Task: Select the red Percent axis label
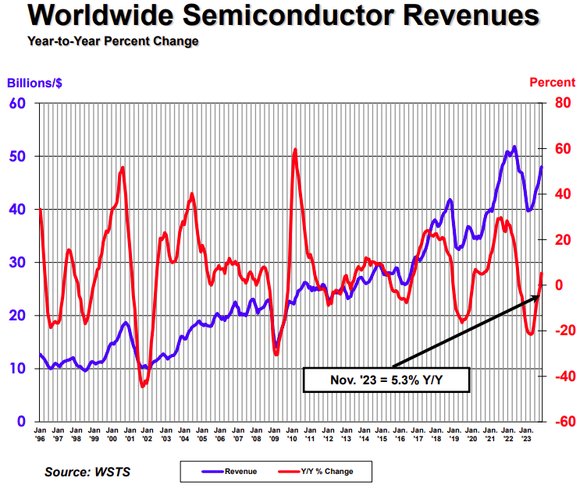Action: (553, 83)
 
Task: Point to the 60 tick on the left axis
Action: (17, 104)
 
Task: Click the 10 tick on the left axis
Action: (17, 369)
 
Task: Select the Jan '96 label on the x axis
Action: (40, 434)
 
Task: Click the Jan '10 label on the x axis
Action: (290, 434)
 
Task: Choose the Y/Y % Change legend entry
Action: (322, 471)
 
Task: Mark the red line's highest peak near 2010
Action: (295, 150)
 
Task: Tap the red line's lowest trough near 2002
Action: (143, 386)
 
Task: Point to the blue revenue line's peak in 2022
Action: (514, 147)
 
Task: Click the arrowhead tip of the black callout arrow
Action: (540, 293)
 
